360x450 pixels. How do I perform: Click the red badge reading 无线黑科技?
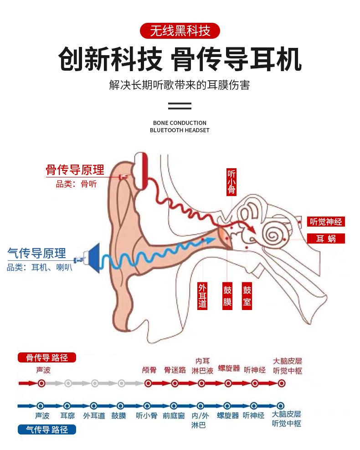[180, 31]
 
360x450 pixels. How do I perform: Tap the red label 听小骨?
[231, 182]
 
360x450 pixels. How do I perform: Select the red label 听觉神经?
[325, 222]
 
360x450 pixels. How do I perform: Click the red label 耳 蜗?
[325, 238]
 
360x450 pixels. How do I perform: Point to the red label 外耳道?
[202, 295]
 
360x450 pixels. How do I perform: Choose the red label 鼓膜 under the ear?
[227, 295]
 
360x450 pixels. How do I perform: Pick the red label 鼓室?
[247, 295]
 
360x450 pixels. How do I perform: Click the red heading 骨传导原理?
[75, 170]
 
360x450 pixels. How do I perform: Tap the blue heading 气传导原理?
[37, 253]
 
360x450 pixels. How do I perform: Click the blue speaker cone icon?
[93, 258]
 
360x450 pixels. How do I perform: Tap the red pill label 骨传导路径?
[47, 357]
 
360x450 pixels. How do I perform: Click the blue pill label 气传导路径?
[47, 429]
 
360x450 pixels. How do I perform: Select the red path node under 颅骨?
[148, 383]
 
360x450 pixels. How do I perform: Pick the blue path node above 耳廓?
[67, 406]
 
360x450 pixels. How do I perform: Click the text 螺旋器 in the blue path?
[228, 415]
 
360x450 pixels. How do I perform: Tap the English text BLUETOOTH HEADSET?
[180, 130]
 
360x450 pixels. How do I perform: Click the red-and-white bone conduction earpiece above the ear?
[141, 171]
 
